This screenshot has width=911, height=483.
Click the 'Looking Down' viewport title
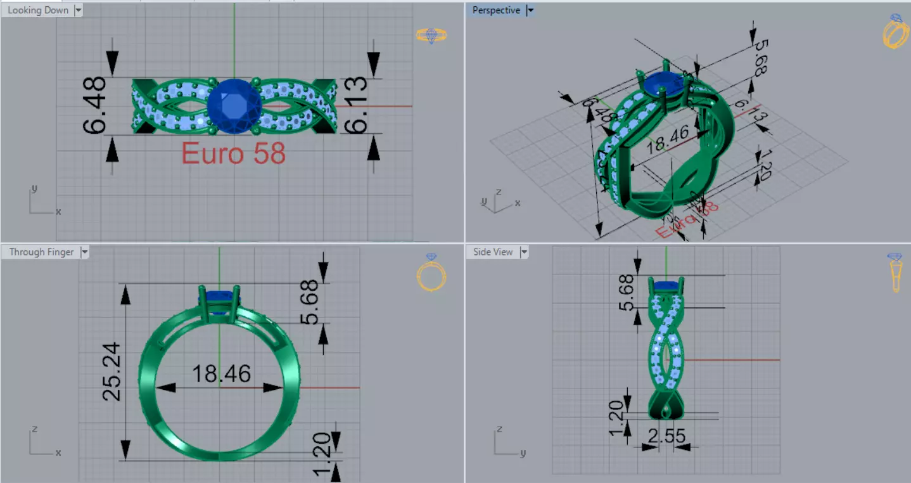(38, 10)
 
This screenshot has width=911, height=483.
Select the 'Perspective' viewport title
(496, 10)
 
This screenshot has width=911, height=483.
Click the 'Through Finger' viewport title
(41, 252)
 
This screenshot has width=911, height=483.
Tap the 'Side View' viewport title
(493, 252)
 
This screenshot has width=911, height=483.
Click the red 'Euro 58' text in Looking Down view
(233, 154)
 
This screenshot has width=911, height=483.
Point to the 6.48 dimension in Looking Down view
(95, 105)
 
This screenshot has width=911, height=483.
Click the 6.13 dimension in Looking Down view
(355, 105)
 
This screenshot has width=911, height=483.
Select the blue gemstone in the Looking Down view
(234, 106)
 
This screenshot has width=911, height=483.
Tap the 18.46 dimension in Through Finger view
(221, 374)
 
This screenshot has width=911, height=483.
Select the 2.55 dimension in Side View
(666, 436)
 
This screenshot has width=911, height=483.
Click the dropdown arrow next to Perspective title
(530, 10)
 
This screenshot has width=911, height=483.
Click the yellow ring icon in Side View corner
(895, 272)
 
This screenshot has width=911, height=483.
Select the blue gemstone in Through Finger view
(220, 298)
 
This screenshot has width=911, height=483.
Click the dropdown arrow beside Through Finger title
(85, 252)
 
